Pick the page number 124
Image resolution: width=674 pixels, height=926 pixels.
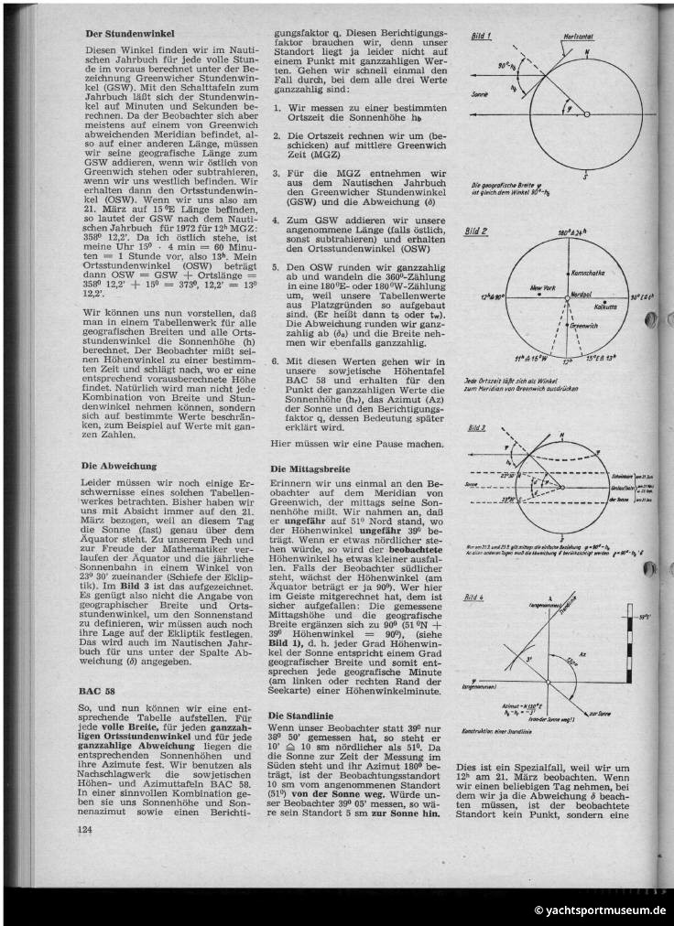(x=86, y=829)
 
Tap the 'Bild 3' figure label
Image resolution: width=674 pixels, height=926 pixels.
(x=478, y=428)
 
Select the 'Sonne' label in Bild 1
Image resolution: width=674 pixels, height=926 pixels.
(x=480, y=94)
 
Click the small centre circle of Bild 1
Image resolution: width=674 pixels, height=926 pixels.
(x=586, y=114)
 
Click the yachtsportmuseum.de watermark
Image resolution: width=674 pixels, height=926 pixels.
(x=601, y=910)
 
